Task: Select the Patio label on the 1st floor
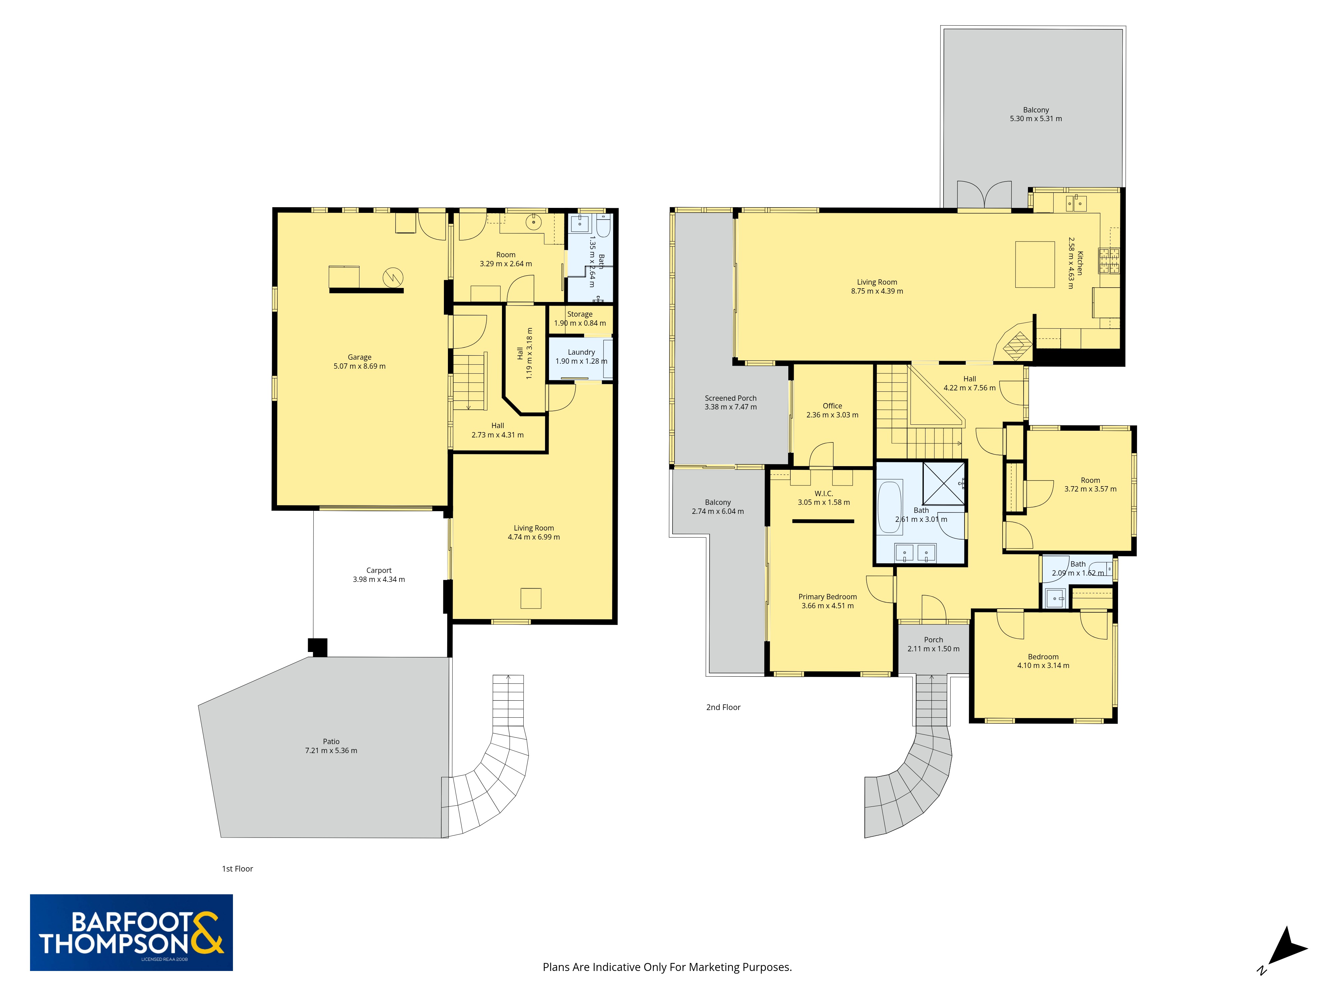pyautogui.click(x=331, y=741)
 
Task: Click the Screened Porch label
pyautogui.click(x=730, y=398)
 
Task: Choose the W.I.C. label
pyautogui.click(x=823, y=493)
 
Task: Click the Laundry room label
pyautogui.click(x=581, y=352)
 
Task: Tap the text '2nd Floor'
pyautogui.click(x=723, y=707)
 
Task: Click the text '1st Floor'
pyautogui.click(x=237, y=869)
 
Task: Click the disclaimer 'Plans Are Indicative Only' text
pyautogui.click(x=667, y=967)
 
